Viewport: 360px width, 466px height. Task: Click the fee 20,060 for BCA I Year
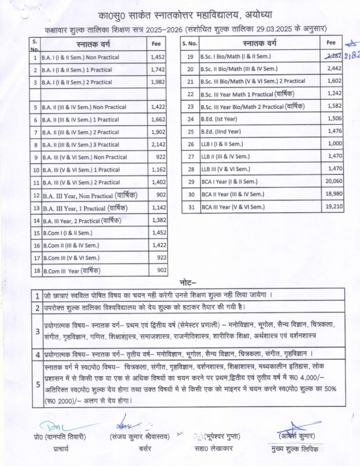335,182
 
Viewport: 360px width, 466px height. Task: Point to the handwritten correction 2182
350,56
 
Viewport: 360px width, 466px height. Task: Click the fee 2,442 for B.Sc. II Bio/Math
335,69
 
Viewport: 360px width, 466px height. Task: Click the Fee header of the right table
332,42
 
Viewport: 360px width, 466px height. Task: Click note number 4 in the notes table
37,355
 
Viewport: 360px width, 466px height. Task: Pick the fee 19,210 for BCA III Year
335,206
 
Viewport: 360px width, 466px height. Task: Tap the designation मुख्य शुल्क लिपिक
296,449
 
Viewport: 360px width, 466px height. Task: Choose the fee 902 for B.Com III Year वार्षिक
161,270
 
